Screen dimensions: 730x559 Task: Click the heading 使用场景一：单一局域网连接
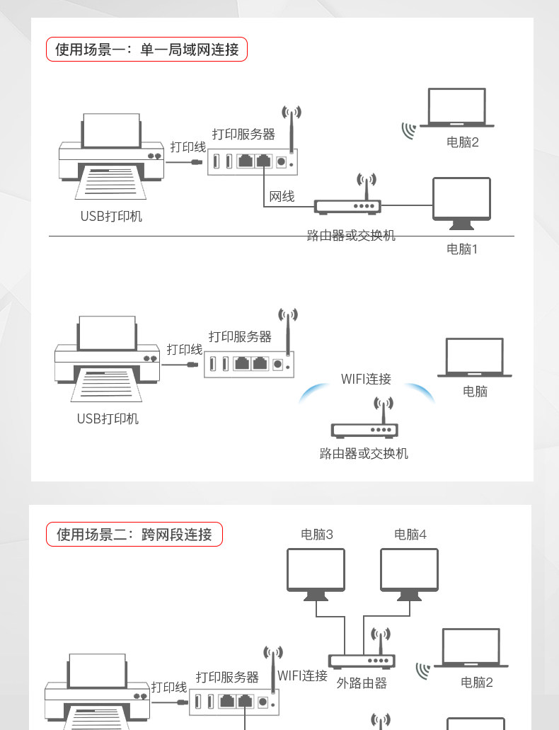[147, 50]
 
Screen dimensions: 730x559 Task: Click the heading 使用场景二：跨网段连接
[134, 535]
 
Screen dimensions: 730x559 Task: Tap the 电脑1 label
[462, 249]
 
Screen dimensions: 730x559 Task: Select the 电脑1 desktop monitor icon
[461, 203]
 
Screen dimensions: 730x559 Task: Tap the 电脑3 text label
[316, 535]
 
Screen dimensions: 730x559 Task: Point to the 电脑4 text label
[410, 535]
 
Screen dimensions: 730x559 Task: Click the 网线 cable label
[282, 196]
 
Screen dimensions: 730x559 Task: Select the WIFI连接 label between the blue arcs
[366, 379]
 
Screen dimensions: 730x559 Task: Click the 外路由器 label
[362, 683]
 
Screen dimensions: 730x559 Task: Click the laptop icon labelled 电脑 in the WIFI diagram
[475, 358]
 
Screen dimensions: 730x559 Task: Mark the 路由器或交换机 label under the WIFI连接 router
[364, 453]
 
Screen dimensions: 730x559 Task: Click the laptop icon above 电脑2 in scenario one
[456, 108]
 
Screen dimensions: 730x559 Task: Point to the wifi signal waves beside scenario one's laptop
[408, 130]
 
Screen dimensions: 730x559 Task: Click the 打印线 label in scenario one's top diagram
[188, 147]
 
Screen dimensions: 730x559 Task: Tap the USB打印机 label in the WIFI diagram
[108, 418]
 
